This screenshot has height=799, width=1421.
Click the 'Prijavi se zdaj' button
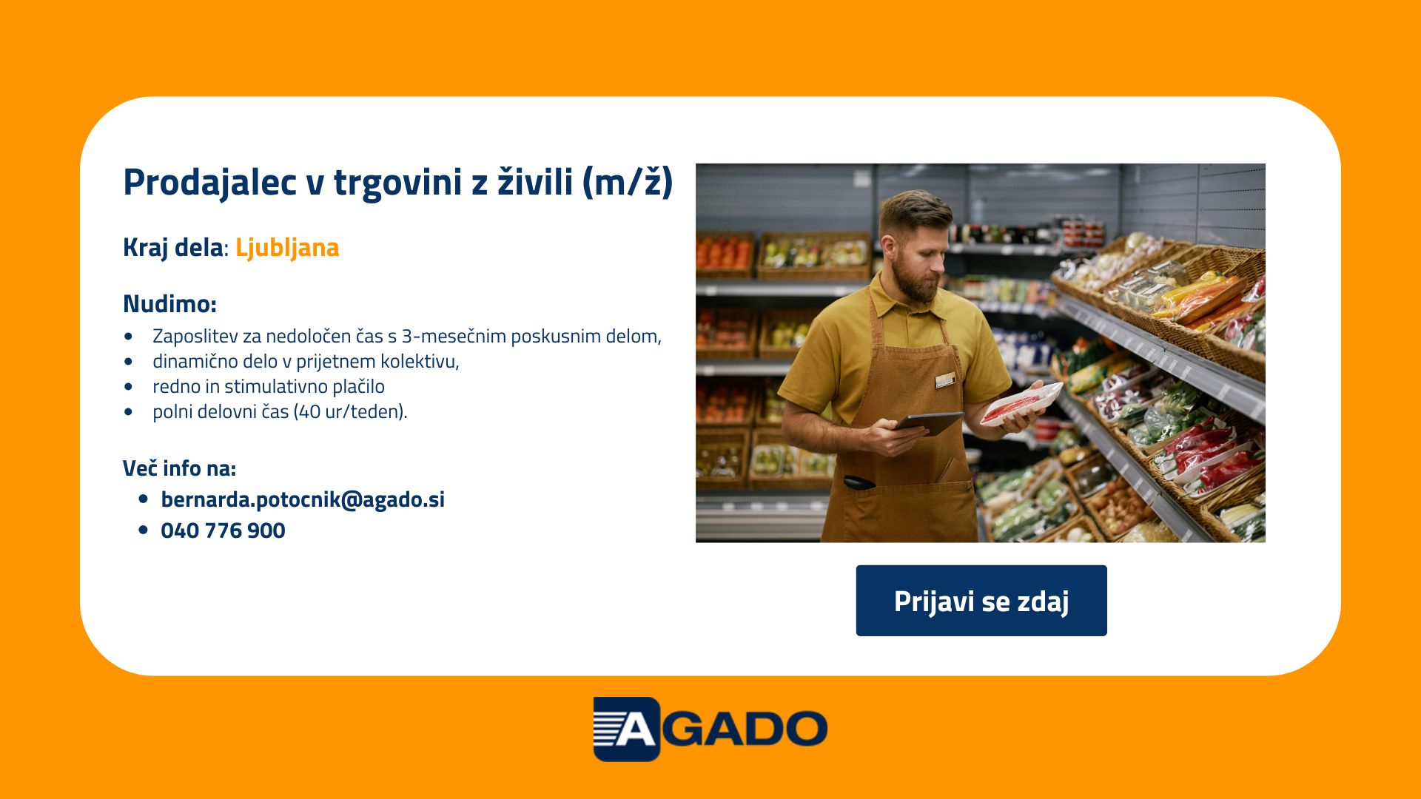click(981, 601)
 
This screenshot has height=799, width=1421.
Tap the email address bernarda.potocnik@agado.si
click(303, 499)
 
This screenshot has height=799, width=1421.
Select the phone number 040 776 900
click(223, 530)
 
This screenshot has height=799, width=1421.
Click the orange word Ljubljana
click(287, 248)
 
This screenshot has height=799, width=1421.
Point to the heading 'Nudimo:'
click(169, 303)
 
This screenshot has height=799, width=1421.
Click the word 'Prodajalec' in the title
click(209, 182)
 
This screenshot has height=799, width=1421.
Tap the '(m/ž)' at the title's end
click(628, 182)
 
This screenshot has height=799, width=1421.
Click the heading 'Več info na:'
click(179, 468)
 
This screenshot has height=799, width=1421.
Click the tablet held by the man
click(929, 422)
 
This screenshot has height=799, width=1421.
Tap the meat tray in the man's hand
click(1022, 403)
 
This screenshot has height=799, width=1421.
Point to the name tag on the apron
click(945, 381)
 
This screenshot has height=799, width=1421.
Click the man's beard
click(915, 280)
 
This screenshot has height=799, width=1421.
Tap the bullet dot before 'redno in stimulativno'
click(130, 386)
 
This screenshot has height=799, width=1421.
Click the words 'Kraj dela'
click(172, 248)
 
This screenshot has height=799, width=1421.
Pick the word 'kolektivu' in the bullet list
click(420, 361)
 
